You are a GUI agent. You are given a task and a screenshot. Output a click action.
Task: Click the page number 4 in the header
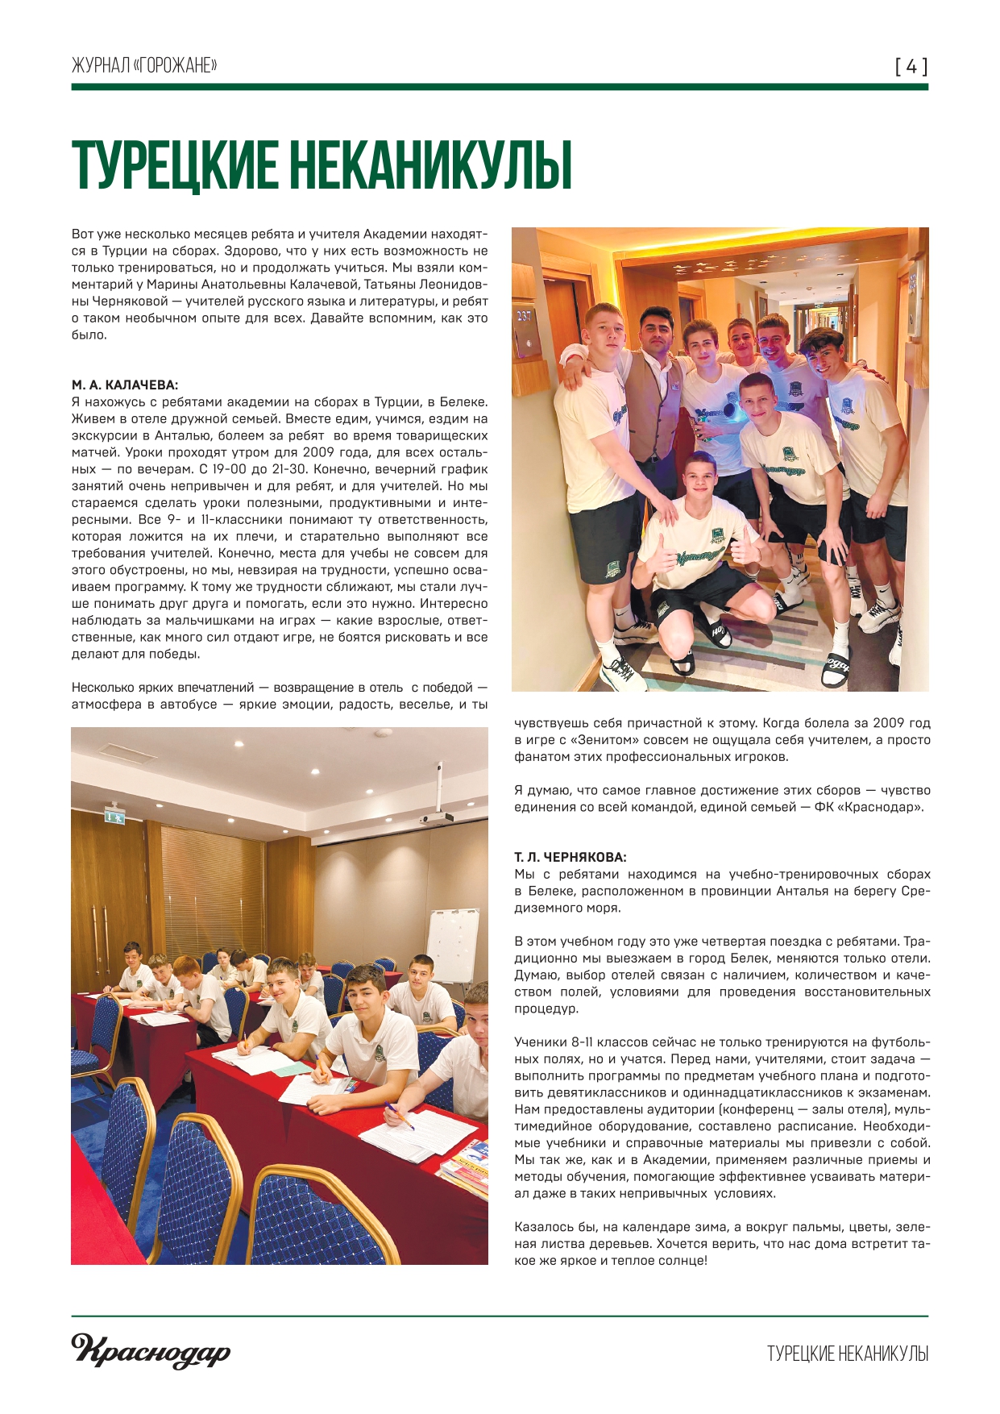click(911, 66)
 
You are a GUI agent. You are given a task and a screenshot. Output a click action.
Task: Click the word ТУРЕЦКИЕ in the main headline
click(173, 167)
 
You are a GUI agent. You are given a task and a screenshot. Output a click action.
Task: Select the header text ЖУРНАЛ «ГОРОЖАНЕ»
click(144, 65)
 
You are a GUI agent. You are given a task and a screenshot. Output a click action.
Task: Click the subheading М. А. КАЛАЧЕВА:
click(125, 385)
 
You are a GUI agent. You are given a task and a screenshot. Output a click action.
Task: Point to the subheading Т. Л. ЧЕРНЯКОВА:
click(570, 857)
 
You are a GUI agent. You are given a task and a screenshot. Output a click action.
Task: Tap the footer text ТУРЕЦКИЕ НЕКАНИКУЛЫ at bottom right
click(847, 1354)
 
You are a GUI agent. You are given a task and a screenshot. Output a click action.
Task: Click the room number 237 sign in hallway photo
click(525, 316)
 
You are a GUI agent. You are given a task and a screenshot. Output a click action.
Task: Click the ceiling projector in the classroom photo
click(435, 818)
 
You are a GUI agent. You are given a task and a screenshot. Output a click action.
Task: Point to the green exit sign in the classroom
click(114, 816)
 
